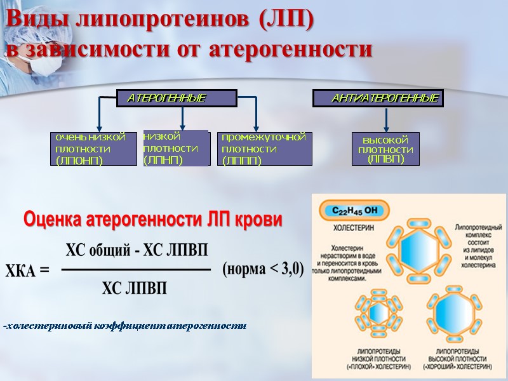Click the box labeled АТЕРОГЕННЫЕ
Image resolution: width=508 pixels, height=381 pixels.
(x=177, y=98)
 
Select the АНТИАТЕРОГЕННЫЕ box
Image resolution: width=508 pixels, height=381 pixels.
(x=378, y=98)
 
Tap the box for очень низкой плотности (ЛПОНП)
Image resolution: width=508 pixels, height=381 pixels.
(x=93, y=149)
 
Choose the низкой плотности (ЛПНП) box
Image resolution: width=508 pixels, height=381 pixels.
(x=177, y=148)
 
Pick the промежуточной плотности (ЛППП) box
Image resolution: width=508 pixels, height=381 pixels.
(x=265, y=149)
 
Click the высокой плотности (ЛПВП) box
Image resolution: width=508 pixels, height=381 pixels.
(x=386, y=149)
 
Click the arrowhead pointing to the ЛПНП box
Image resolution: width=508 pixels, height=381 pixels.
(x=183, y=126)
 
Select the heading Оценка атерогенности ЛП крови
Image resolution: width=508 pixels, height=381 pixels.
(x=152, y=220)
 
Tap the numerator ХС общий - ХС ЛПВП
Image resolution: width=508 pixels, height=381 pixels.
(x=137, y=249)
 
